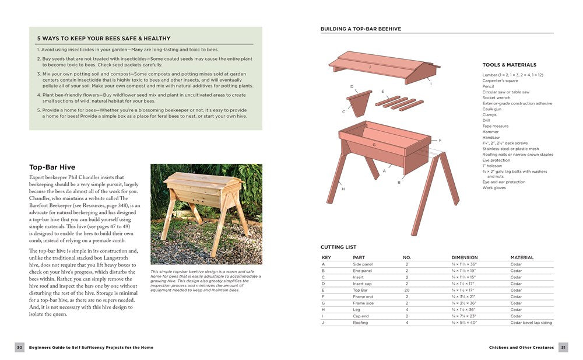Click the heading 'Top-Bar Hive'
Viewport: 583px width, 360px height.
click(x=52, y=167)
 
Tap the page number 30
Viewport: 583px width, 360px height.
click(x=19, y=347)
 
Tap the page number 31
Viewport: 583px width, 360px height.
click(x=563, y=347)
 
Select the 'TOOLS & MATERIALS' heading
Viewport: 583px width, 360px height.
click(x=509, y=65)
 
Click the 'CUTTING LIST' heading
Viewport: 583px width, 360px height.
click(x=338, y=247)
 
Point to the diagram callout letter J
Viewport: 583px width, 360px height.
click(x=370, y=68)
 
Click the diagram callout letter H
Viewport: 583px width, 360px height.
click(x=343, y=188)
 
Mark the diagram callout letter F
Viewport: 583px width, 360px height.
click(x=440, y=140)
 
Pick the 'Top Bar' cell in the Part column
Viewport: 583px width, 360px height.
click(x=360, y=290)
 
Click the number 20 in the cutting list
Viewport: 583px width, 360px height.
click(x=407, y=290)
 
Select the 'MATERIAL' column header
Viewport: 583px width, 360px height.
click(x=522, y=257)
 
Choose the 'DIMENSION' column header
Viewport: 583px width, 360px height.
click(x=464, y=257)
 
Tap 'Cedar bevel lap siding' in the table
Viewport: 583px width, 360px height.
click(x=531, y=323)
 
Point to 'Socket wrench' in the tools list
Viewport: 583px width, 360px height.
click(x=496, y=97)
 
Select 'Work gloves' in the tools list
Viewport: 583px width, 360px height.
click(x=493, y=188)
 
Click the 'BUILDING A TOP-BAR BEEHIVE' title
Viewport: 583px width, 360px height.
click(x=360, y=29)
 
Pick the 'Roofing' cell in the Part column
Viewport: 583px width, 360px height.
click(x=360, y=323)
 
